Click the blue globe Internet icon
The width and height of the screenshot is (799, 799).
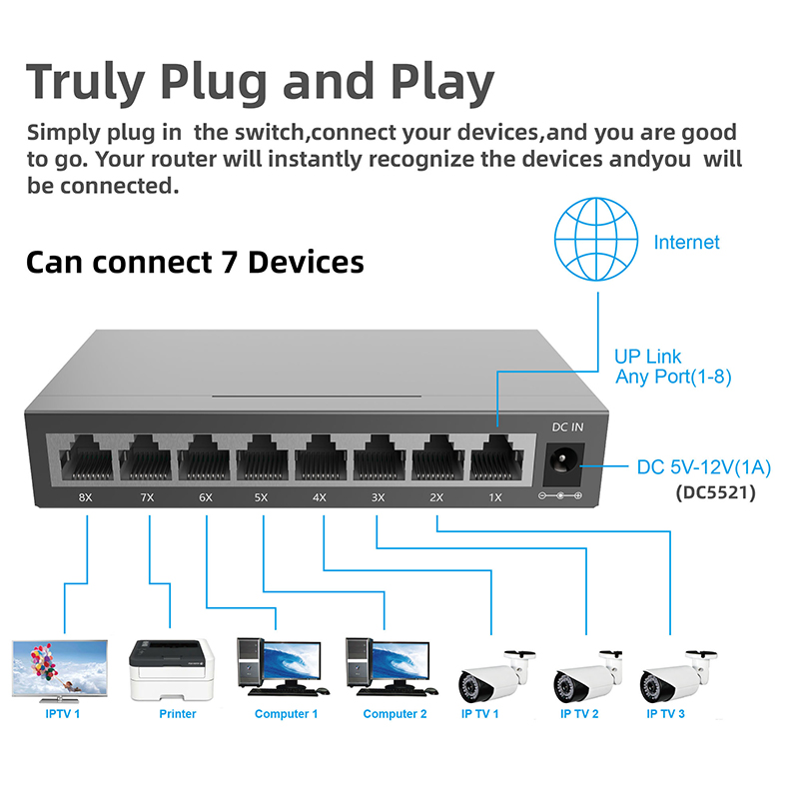click(596, 241)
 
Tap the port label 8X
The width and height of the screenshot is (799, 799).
click(86, 496)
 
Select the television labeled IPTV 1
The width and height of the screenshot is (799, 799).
click(60, 669)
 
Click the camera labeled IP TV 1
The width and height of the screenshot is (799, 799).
click(491, 675)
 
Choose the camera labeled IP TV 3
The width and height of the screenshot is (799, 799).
click(678, 675)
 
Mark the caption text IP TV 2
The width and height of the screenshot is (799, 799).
click(579, 714)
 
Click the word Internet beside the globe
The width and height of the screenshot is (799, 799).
click(686, 243)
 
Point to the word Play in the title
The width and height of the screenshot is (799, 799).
click(440, 81)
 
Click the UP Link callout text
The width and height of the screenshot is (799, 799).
click(648, 357)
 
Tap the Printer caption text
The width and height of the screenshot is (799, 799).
click(178, 714)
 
